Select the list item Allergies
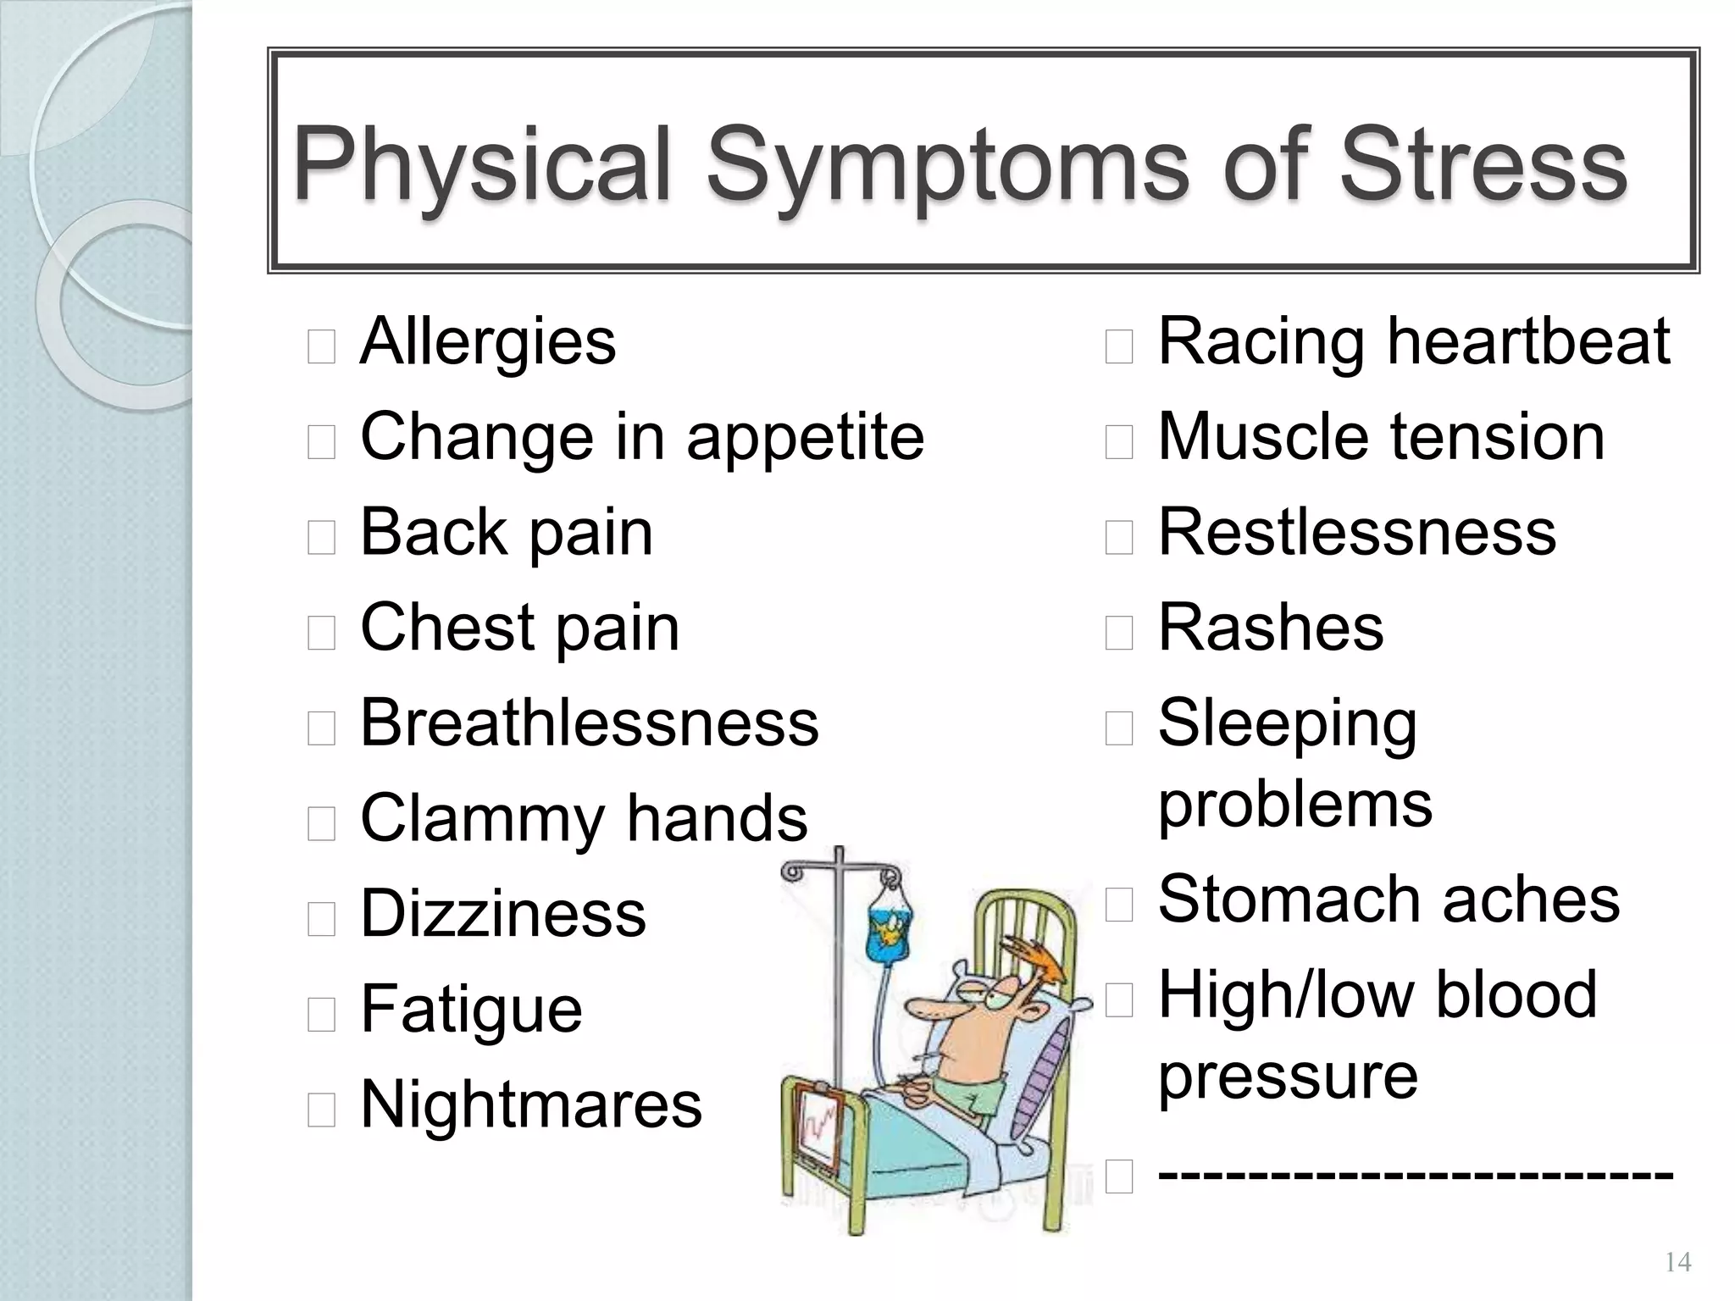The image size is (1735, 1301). point(488,342)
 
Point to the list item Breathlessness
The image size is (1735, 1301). point(590,723)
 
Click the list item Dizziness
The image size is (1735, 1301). point(503,914)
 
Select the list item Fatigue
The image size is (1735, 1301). point(471,1010)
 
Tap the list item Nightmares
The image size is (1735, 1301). point(531,1104)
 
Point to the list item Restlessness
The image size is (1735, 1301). point(1357,533)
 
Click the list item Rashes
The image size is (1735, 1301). point(1271,628)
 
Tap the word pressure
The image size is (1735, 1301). point(1288,1077)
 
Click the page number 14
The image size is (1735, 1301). point(1677,1263)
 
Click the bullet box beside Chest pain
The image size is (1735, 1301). point(321,633)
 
